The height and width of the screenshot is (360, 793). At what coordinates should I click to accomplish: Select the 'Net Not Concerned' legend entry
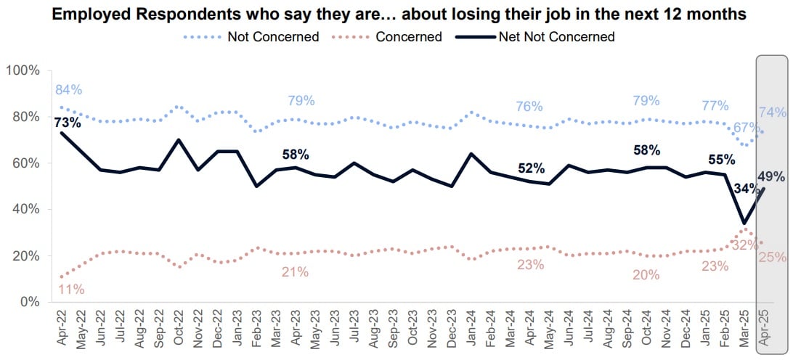[556, 36]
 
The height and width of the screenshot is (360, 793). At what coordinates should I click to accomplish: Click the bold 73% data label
[68, 122]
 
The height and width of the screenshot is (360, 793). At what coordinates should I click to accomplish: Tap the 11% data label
[70, 289]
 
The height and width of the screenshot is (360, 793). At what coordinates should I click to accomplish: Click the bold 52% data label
[532, 168]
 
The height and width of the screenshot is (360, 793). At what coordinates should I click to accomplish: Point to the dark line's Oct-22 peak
[179, 139]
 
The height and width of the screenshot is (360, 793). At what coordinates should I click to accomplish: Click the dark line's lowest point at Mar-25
[744, 223]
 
